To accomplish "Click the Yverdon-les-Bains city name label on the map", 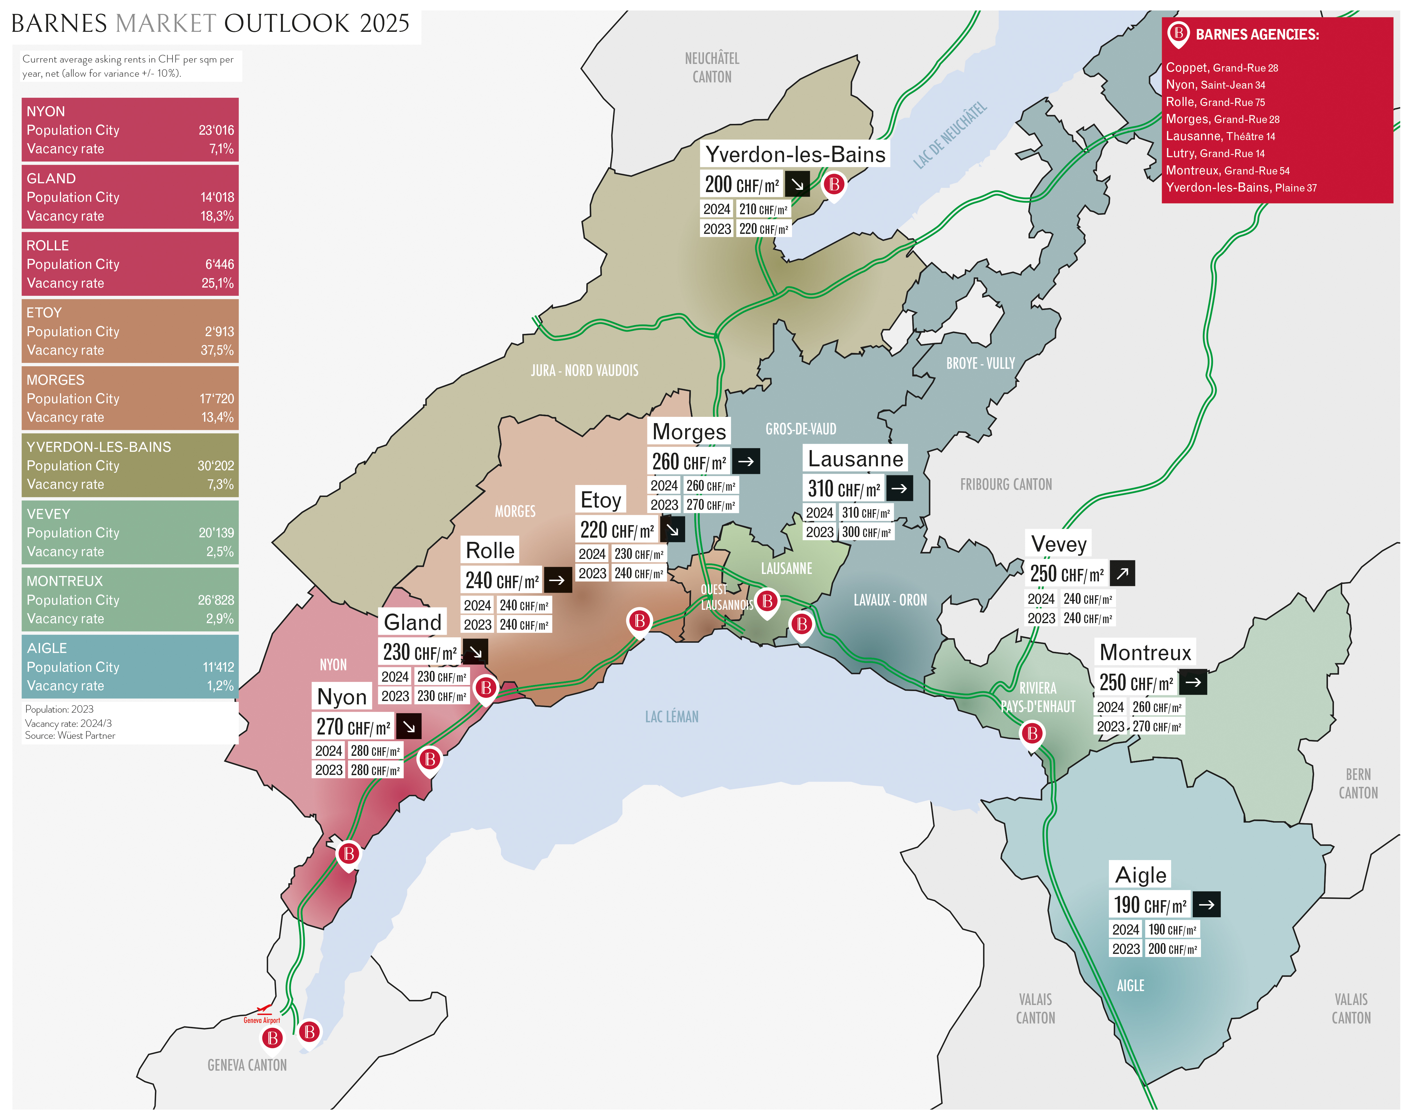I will click(x=795, y=155).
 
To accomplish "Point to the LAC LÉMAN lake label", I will click(x=671, y=717).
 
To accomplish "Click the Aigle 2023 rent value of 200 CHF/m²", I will click(x=1172, y=949).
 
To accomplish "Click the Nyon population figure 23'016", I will click(x=216, y=130).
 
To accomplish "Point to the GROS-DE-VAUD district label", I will click(x=801, y=429).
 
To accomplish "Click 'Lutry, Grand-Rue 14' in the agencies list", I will click(x=1215, y=153).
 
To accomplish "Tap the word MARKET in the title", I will click(x=165, y=24).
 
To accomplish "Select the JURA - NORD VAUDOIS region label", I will click(x=584, y=371).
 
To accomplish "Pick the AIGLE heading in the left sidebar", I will click(x=47, y=648).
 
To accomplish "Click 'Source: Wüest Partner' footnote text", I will click(x=70, y=736).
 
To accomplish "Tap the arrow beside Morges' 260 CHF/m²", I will click(x=745, y=461).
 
